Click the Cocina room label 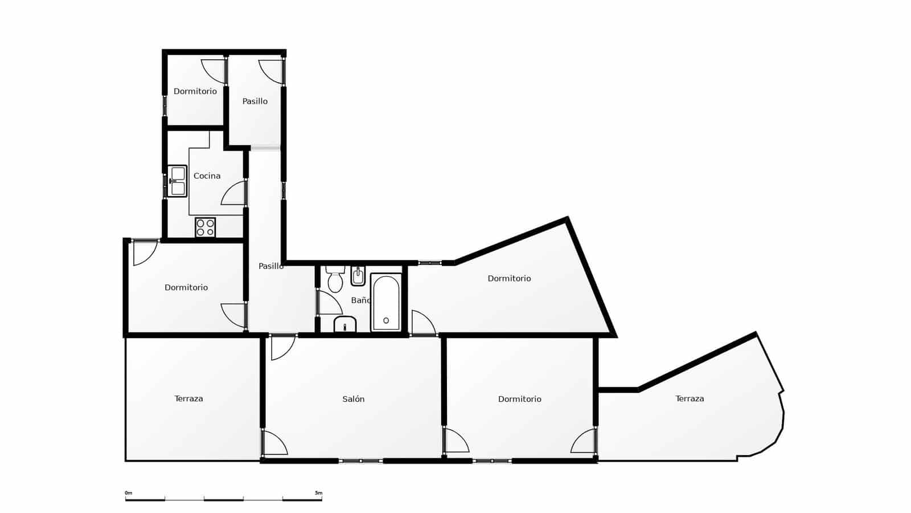click(207, 176)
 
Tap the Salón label click(353, 399)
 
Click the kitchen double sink click(178, 181)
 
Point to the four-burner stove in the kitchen click(205, 227)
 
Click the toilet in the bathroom click(335, 279)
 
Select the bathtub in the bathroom click(386, 303)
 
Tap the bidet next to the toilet click(358, 276)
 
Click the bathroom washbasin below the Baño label click(345, 325)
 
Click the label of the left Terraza click(188, 398)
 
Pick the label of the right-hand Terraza click(690, 398)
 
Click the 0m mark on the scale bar click(128, 493)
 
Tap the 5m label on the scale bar click(318, 493)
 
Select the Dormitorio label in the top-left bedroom click(195, 91)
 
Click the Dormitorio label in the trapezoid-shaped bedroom click(509, 278)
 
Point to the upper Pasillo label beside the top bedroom click(255, 101)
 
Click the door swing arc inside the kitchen click(233, 194)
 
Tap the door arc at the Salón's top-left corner click(282, 348)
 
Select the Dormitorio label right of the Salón click(519, 399)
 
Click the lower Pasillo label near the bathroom click(270, 266)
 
